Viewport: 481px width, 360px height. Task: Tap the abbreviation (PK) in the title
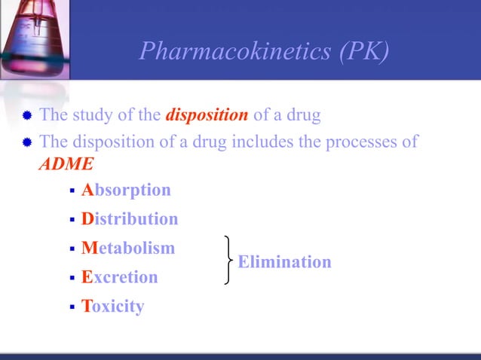[363, 50]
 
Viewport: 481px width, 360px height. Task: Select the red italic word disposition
[207, 116]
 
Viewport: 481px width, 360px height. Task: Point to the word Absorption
[126, 190]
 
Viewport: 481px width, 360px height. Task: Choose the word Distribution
[130, 219]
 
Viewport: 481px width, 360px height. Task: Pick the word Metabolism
[127, 248]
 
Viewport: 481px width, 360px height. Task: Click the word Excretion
[120, 277]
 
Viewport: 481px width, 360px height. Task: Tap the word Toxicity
[112, 307]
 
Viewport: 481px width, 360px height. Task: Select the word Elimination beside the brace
[284, 262]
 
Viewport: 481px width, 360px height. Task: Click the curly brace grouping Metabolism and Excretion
[227, 260]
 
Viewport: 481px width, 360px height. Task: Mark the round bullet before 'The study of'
[27, 117]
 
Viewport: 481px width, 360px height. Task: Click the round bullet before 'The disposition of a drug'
[27, 142]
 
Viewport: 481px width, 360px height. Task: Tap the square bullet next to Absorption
[72, 191]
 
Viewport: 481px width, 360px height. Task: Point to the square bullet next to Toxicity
[72, 307]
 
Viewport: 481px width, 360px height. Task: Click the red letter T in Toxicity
[87, 307]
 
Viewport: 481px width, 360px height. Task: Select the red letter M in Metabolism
[89, 248]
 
